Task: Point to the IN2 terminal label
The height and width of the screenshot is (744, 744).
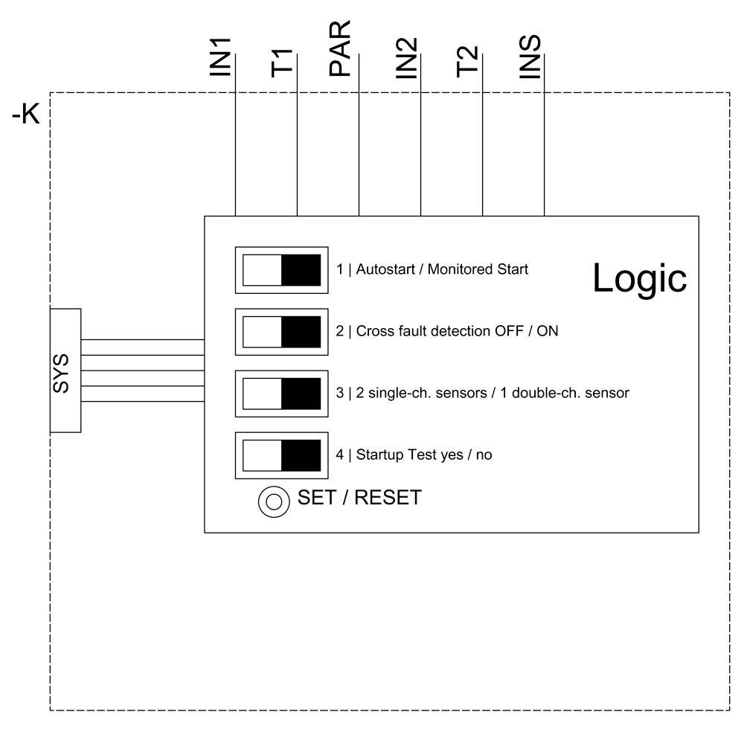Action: tap(407, 58)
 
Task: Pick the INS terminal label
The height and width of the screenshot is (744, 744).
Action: tap(530, 58)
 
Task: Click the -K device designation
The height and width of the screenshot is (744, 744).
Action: tap(25, 116)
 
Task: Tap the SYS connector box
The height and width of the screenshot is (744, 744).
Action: tap(65, 371)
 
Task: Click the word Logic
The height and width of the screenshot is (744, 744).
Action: tap(639, 278)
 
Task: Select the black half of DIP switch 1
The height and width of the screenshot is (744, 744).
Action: tap(301, 270)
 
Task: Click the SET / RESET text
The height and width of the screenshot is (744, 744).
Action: tap(359, 498)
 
